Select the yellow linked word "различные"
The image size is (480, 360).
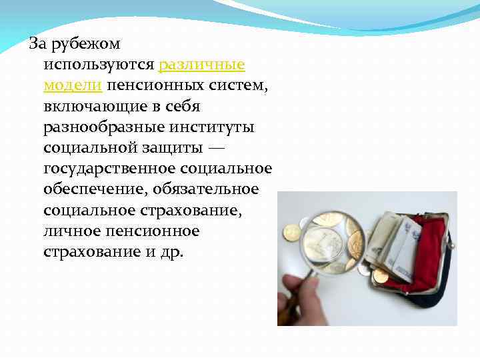202,65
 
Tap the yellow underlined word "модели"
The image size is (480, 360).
72,86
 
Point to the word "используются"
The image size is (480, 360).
99,65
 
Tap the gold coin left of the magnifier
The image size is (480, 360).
291,232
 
